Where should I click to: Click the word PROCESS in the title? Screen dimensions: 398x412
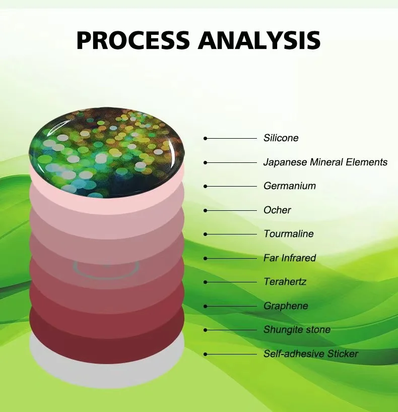[133, 40]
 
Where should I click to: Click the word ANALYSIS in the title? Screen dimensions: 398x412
[259, 40]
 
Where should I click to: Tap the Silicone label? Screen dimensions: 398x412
[281, 138]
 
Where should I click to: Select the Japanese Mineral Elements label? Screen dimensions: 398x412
[325, 162]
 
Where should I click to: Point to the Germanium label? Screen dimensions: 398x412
[290, 186]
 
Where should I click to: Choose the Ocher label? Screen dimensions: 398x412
[277, 210]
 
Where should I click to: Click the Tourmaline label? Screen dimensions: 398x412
[289, 233]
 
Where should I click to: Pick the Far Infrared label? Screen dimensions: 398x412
[290, 258]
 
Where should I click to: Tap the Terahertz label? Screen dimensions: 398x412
[285, 281]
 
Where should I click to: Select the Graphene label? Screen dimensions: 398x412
[286, 306]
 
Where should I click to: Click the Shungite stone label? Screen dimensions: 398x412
[297, 329]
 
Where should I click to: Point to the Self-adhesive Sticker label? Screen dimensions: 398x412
[311, 354]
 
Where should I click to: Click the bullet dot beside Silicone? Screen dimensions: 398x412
[206, 138]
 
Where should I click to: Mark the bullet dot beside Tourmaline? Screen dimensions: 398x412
[206, 234]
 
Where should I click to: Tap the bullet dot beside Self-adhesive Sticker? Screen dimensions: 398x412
[206, 354]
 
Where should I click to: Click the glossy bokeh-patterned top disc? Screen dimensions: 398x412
[107, 152]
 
